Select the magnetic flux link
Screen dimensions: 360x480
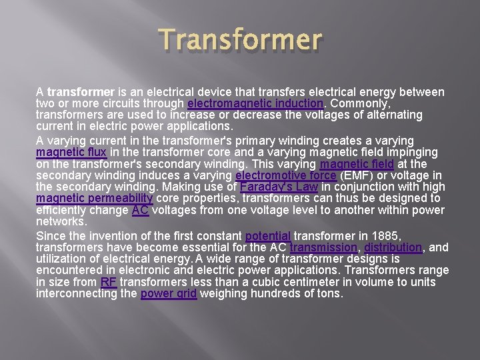click(66, 152)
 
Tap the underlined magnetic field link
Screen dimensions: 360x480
click(357, 164)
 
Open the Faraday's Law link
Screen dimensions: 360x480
click(279, 187)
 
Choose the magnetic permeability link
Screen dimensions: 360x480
click(95, 199)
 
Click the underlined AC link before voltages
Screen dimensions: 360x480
click(140, 210)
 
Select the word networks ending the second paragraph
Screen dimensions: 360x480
click(61, 221)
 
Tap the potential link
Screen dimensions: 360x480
click(268, 236)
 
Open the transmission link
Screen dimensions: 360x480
click(323, 247)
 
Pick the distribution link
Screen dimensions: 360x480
click(393, 247)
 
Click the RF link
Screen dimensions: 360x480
click(108, 282)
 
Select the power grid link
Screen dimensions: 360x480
click(169, 293)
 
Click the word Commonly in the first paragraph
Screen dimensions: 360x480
click(360, 104)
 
